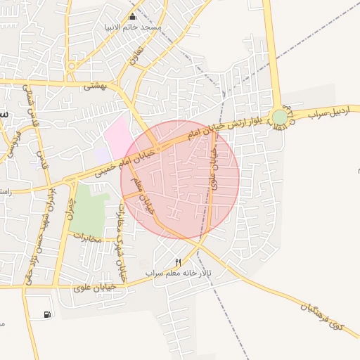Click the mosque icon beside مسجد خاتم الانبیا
click(132, 17)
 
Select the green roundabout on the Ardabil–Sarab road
click(280, 117)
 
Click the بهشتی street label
click(94, 86)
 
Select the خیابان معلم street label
click(143, 197)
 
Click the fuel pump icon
click(46, 314)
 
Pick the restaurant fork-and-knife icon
click(178, 262)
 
